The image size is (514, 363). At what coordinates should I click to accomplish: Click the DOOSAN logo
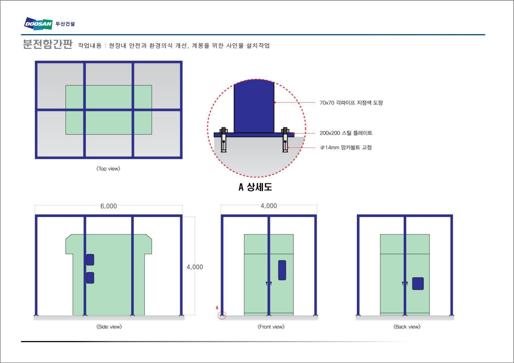tap(38, 24)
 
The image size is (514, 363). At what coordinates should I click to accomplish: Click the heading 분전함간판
tap(47, 44)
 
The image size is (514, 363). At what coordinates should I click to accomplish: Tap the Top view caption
tap(108, 169)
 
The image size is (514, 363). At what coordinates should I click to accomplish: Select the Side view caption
tap(109, 327)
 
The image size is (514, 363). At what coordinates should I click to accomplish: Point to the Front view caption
tap(271, 327)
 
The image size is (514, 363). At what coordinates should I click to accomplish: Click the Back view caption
tap(407, 327)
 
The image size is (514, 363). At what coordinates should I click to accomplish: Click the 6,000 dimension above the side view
tap(109, 206)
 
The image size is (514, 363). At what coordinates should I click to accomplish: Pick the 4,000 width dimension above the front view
tap(269, 206)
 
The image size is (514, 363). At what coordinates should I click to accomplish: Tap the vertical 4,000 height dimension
tap(195, 267)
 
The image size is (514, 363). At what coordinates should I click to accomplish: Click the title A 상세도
tap(255, 187)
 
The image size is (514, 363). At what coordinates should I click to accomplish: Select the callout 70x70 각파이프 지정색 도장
tap(351, 103)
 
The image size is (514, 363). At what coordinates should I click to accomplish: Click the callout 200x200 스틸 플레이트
tap(346, 133)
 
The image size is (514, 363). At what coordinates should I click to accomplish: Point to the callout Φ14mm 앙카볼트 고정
tap(346, 148)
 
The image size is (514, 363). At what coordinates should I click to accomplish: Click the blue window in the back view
tap(418, 284)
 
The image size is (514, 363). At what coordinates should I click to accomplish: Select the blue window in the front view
tap(282, 270)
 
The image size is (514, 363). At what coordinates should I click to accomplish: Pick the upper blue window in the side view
tap(90, 260)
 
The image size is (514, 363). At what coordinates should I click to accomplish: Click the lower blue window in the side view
tap(90, 278)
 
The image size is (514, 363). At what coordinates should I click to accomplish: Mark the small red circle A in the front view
tap(222, 315)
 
